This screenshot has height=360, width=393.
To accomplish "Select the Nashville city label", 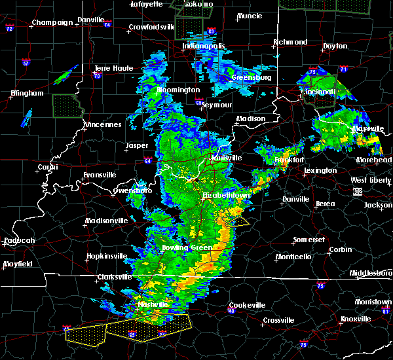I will [153, 305].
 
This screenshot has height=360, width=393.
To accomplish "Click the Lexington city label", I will [320, 171].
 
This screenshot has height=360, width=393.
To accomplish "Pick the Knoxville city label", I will [355, 319].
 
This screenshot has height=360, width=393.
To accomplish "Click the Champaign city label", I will [54, 22].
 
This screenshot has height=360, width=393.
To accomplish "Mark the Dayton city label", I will [335, 46].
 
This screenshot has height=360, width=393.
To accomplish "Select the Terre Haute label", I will [113, 68].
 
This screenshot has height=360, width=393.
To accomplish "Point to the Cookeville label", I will [247, 305].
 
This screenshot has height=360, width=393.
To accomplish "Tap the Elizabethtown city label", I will [225, 195].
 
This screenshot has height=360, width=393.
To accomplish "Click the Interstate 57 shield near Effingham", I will [26, 63].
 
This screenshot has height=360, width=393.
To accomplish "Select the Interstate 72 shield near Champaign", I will [9, 29].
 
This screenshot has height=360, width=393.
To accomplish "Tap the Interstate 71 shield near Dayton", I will [343, 68].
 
